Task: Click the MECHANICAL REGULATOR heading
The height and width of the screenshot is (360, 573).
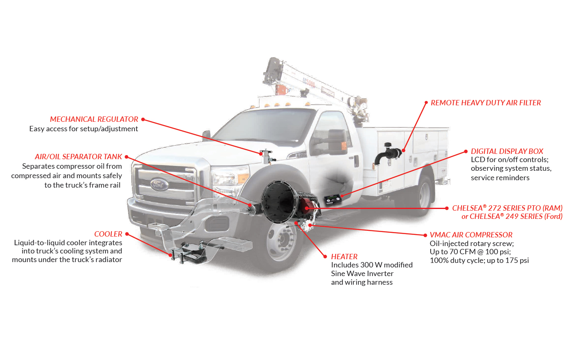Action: (94, 119)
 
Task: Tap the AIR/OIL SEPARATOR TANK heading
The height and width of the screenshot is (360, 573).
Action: (78, 157)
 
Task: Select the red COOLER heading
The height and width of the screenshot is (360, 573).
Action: (108, 234)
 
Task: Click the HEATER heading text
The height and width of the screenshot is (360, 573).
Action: (344, 257)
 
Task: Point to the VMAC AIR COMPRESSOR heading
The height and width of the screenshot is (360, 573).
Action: (471, 235)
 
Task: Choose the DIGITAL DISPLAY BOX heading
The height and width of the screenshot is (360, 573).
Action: (507, 151)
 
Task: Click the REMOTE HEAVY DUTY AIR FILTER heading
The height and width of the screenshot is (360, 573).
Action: (485, 103)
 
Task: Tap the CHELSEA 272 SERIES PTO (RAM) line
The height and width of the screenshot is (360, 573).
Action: (507, 208)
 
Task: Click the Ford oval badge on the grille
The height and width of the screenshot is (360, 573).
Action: (159, 184)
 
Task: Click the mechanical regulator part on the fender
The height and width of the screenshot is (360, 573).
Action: (266, 156)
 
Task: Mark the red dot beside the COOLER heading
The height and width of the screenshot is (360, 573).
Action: (127, 234)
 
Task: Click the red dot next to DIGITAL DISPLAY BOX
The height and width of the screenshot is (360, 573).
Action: (466, 151)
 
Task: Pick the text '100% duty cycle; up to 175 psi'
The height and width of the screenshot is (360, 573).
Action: (479, 260)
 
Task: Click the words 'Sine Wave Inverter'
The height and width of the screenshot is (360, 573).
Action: (362, 274)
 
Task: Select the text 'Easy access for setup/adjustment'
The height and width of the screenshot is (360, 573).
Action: (84, 129)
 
